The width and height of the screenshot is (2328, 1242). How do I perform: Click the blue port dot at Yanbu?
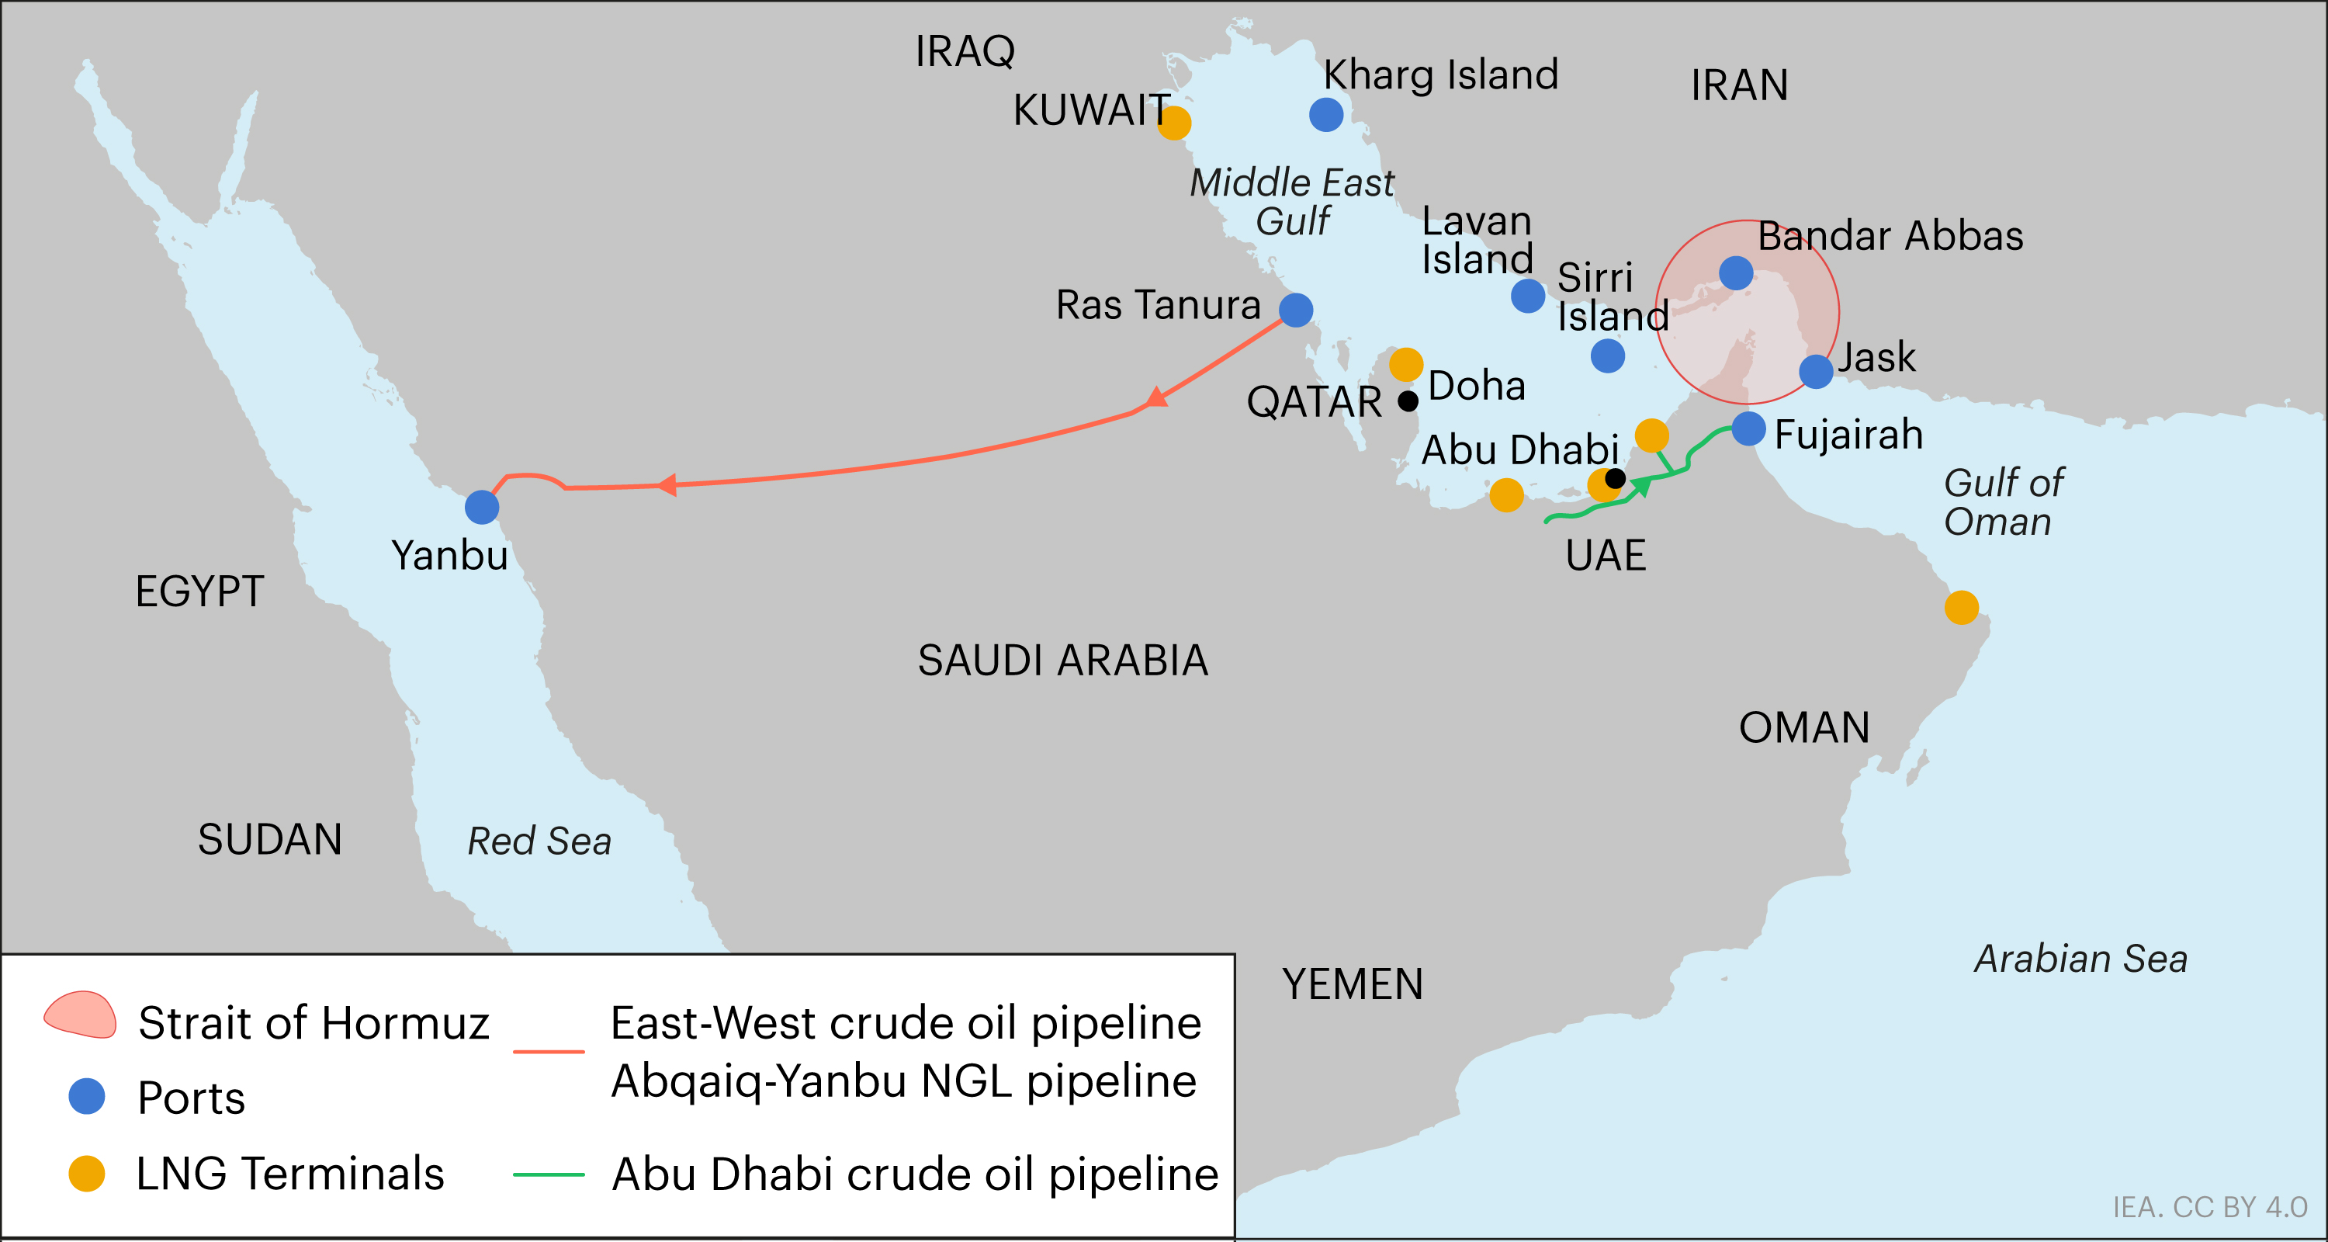click(482, 507)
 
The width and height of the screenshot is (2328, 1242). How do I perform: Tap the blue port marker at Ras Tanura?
click(1296, 310)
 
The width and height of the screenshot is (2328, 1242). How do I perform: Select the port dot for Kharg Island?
click(1325, 115)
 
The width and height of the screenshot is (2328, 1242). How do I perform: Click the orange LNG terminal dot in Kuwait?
click(1174, 123)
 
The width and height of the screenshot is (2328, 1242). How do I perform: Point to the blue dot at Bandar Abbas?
click(1736, 272)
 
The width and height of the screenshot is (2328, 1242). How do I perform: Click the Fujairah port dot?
click(1748, 428)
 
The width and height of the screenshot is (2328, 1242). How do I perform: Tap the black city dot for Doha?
click(1408, 401)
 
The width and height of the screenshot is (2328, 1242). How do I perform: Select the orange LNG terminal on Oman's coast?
click(1961, 608)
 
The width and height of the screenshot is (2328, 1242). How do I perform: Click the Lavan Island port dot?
click(1528, 296)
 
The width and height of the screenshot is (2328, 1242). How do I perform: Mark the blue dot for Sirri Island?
click(1608, 356)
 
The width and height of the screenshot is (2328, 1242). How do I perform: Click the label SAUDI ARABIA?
click(1063, 661)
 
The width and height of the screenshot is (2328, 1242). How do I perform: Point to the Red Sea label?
click(539, 841)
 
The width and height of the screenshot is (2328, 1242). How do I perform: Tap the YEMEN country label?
click(1352, 984)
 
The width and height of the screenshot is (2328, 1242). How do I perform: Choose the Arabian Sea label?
click(2080, 959)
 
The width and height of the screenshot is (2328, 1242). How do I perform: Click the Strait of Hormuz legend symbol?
click(81, 1015)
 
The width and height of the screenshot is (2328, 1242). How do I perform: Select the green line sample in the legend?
click(549, 1174)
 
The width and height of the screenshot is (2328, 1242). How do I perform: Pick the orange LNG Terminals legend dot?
click(87, 1173)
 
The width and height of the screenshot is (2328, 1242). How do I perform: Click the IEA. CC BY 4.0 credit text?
click(2208, 1207)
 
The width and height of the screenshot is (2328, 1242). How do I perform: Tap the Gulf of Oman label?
click(2003, 502)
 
